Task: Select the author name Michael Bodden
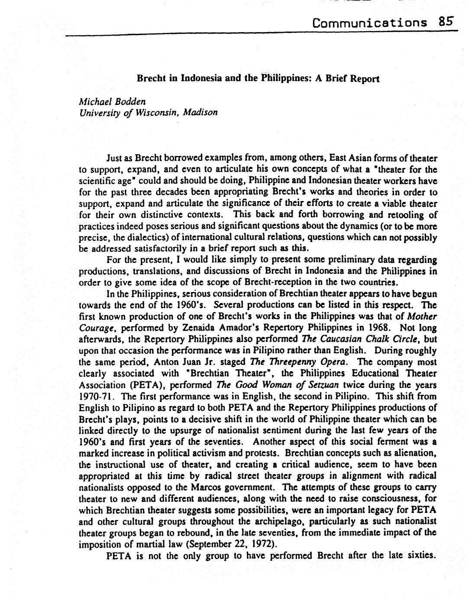click(112, 101)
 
